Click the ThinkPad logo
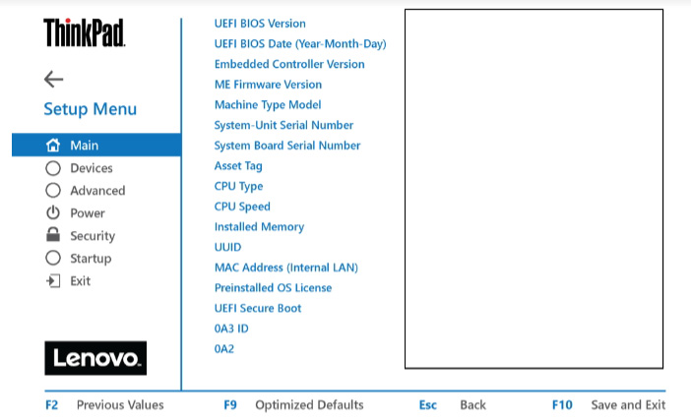point(85,32)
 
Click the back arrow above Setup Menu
point(54,80)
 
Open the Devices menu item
point(92,168)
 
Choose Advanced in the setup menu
point(97,191)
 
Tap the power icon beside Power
point(53,212)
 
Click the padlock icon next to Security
point(53,235)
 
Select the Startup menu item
point(91,258)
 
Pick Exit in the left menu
point(80,281)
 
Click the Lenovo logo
point(95,358)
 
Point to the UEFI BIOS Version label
point(260,24)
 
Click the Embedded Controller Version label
point(289,64)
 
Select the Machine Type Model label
point(268,105)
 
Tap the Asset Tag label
point(238,166)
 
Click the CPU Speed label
point(242,207)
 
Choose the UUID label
point(227,247)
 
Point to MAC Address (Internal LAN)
point(286,268)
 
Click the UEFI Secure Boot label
point(258,308)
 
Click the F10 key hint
point(562,404)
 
